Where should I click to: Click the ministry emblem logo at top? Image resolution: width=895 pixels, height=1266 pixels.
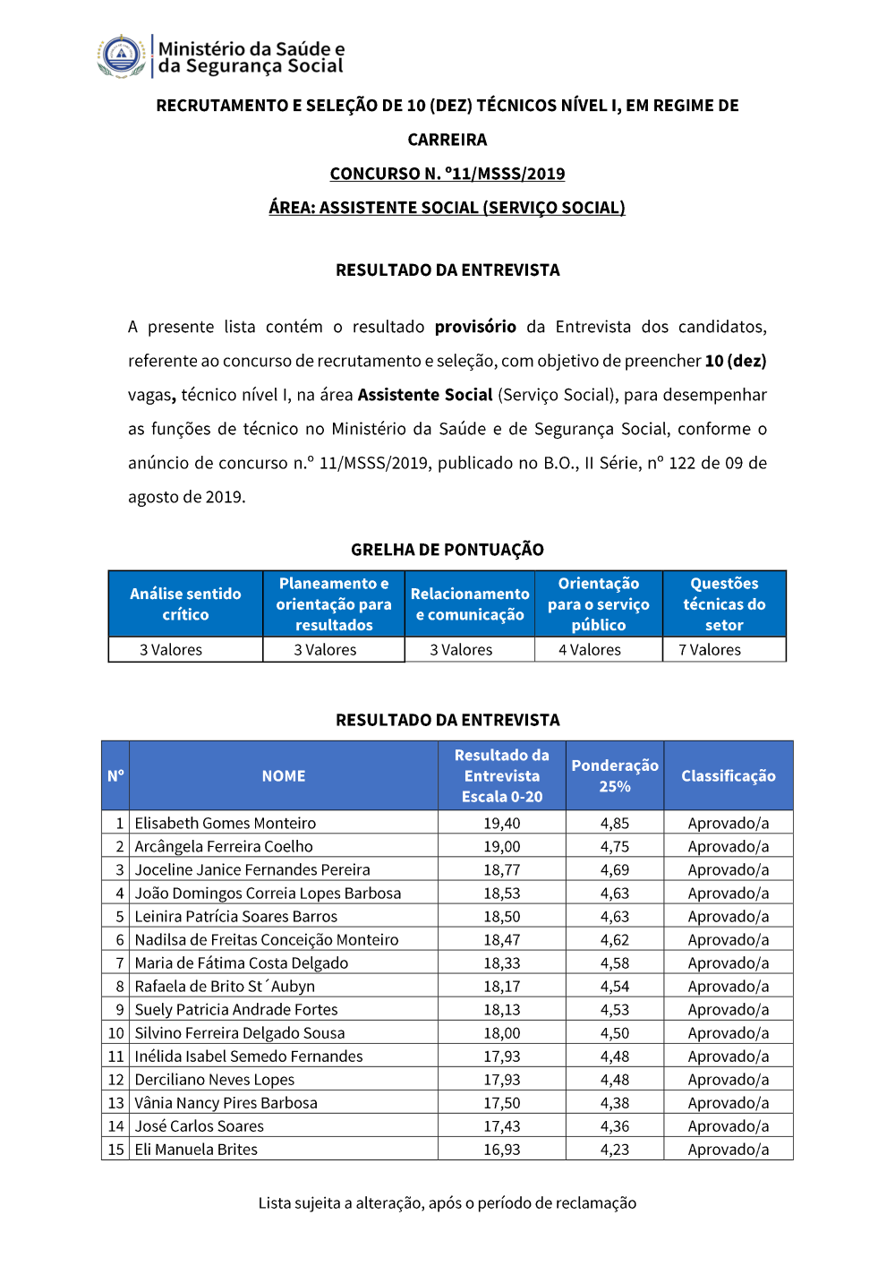[x=122, y=56]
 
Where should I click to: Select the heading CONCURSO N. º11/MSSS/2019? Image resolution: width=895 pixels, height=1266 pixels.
[x=447, y=174]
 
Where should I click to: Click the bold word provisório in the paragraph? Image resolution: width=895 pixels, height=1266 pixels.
[x=475, y=327]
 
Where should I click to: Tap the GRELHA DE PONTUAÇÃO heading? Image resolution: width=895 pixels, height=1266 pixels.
[x=447, y=550]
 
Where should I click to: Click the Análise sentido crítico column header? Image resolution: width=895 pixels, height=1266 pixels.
[x=185, y=604]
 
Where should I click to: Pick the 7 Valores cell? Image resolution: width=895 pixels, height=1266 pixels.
[x=710, y=650]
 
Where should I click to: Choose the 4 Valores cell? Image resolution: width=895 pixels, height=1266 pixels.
[x=590, y=650]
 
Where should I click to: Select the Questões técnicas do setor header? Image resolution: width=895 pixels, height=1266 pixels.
[x=724, y=604]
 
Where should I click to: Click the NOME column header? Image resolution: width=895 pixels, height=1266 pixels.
[x=284, y=776]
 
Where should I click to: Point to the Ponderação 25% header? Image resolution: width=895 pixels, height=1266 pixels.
[x=615, y=776]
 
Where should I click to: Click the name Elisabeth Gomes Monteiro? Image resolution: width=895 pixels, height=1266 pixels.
[x=226, y=823]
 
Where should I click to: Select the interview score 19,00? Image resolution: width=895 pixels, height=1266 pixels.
[x=502, y=846]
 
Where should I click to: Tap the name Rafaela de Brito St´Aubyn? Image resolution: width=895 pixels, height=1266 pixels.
[x=225, y=986]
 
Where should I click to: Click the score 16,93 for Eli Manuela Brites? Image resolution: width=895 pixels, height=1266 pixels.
[x=502, y=1150]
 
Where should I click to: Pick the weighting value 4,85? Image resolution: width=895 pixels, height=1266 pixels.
[x=615, y=823]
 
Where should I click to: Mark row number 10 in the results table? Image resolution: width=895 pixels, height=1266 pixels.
[x=116, y=1033]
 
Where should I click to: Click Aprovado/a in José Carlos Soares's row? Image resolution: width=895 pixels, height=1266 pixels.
[x=729, y=1126]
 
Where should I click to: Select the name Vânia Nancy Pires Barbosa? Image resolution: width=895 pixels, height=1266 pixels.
[x=226, y=1103]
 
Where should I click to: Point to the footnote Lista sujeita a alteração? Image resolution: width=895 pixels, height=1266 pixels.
[x=447, y=1203]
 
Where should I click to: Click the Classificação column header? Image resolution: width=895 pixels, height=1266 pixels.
[x=729, y=776]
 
